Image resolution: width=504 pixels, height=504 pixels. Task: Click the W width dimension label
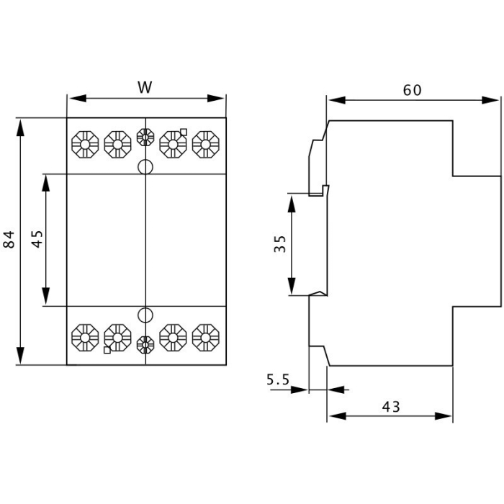[145, 88]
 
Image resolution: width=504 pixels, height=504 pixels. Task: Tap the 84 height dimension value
[9, 240]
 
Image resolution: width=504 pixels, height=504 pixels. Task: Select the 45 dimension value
[38, 239]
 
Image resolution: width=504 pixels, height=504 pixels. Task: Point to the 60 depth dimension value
[412, 90]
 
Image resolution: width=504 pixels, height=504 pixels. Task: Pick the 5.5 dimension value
[277, 379]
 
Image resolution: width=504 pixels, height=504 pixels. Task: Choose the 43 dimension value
[390, 407]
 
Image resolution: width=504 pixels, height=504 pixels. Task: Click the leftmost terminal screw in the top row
[85, 144]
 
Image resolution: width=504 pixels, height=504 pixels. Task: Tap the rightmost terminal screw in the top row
[206, 144]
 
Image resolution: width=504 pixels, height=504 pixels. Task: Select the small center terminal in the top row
[145, 137]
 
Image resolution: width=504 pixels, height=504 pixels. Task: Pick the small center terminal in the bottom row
[145, 344]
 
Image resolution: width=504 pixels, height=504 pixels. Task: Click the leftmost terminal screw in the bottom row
[85, 336]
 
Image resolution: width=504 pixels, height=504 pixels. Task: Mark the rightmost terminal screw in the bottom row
[206, 336]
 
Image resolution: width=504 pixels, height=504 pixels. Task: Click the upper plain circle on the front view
[145, 167]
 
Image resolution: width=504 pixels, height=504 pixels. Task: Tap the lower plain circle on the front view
[145, 315]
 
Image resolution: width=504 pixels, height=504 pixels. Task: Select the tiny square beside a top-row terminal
[184, 131]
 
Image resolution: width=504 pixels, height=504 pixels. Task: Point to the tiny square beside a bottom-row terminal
[107, 351]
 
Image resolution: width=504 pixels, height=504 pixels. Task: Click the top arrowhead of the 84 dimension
[21, 124]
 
